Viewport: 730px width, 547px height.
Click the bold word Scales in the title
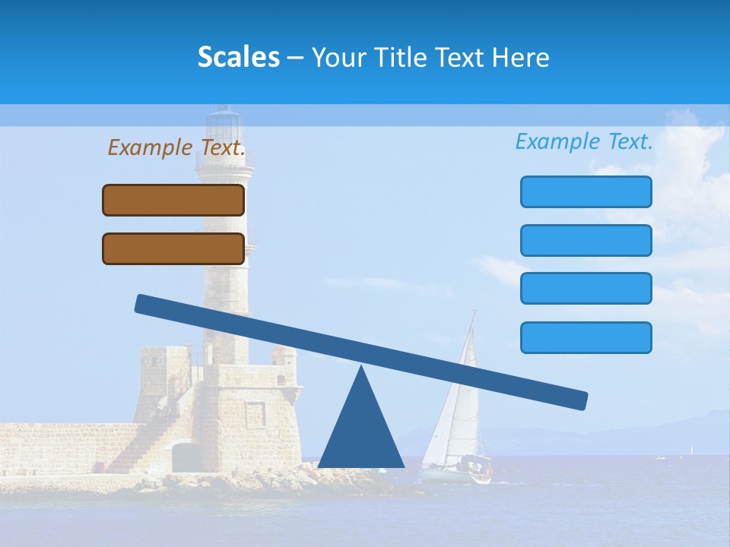pos(238,58)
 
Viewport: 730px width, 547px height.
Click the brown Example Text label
pos(176,147)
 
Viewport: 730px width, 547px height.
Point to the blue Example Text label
pos(584,141)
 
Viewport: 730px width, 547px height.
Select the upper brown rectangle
pos(173,201)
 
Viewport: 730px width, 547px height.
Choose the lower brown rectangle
pos(173,248)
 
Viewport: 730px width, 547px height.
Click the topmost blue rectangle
pos(586,191)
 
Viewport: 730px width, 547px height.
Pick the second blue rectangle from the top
pos(586,240)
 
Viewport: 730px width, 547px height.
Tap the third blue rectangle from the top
pos(586,289)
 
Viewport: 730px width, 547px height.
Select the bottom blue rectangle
pos(586,337)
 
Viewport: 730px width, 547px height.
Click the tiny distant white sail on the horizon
pos(691,451)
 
